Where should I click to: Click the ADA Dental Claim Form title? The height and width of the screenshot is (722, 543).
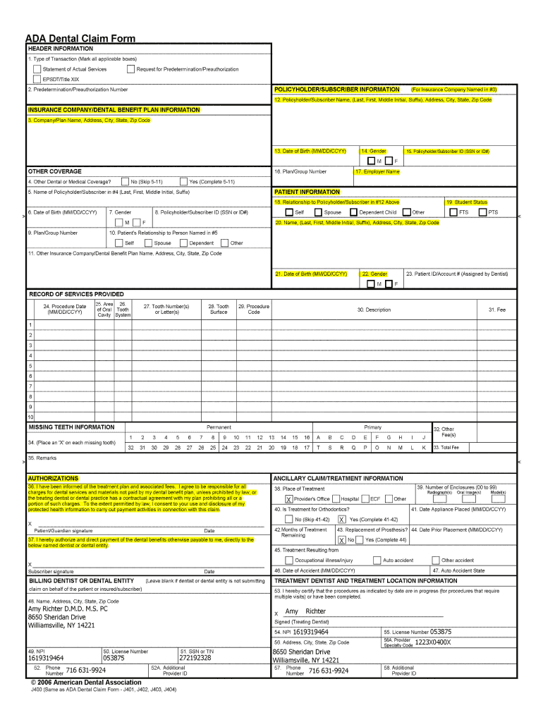80,39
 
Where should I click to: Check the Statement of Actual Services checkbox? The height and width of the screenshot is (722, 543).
37,69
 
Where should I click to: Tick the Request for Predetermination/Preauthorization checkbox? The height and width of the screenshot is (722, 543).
130,69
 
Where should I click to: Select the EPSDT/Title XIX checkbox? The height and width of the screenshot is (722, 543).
37,79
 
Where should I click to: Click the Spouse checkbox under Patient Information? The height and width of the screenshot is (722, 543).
317,212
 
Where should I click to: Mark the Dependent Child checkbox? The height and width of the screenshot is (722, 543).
353,212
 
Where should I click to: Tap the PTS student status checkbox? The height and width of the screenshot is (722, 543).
482,212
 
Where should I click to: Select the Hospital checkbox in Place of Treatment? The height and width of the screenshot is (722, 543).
335,499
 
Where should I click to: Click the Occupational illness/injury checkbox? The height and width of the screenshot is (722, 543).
279,561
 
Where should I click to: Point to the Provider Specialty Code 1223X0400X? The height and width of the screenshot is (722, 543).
432,642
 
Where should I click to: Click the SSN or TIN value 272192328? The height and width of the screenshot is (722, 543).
195,658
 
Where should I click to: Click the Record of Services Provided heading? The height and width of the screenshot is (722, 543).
76,294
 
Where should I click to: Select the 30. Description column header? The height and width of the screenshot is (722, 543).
374,310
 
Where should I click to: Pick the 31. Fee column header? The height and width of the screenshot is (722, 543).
496,310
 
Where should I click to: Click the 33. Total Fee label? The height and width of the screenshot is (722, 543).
446,448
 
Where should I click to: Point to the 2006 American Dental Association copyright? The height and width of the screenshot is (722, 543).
85,683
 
